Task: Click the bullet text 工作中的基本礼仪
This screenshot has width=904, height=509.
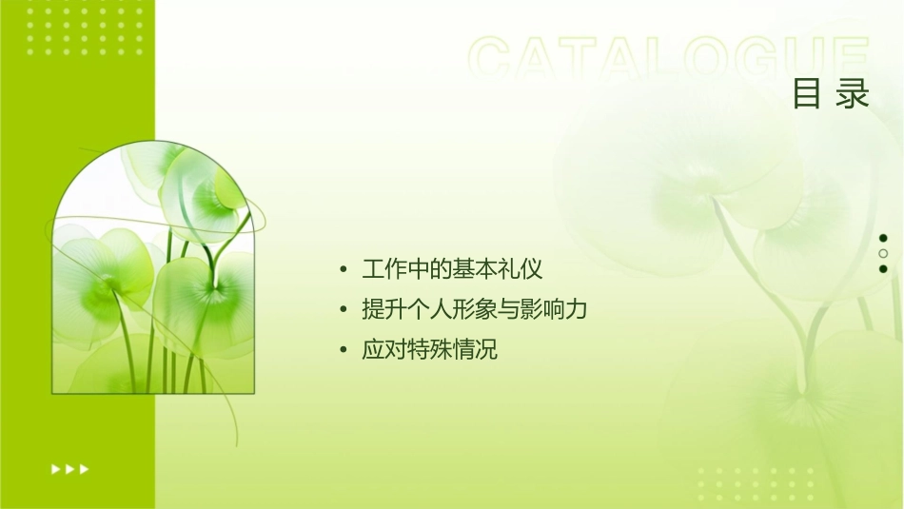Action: pyautogui.click(x=453, y=269)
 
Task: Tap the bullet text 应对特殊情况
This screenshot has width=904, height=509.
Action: pyautogui.click(x=430, y=349)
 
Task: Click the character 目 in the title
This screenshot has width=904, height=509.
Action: pyautogui.click(x=808, y=95)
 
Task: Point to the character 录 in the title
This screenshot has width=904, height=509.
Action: pyautogui.click(x=854, y=95)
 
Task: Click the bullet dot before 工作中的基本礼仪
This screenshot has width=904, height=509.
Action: pyautogui.click(x=343, y=270)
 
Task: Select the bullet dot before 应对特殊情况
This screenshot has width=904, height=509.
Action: pyautogui.click(x=343, y=350)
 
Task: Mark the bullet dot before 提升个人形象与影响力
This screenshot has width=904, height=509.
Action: pyautogui.click(x=343, y=310)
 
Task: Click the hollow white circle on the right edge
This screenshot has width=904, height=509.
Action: pyautogui.click(x=883, y=253)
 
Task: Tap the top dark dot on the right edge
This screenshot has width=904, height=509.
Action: pyautogui.click(x=883, y=238)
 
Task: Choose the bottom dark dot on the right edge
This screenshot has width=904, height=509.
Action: pyautogui.click(x=883, y=268)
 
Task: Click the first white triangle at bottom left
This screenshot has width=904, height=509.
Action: pyautogui.click(x=55, y=469)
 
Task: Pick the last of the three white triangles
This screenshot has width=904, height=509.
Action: pyautogui.click(x=85, y=469)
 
